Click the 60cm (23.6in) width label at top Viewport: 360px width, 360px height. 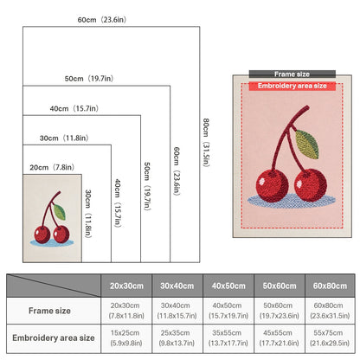point(102,20)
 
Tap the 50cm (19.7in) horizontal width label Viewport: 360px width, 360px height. point(89,79)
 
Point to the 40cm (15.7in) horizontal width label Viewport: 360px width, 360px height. point(74,108)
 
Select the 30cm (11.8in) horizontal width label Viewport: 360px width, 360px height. point(64,138)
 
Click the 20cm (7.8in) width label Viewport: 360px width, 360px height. point(52,167)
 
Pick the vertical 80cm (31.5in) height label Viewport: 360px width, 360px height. point(206,143)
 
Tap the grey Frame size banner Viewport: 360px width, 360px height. point(292,74)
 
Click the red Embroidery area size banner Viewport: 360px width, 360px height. point(292,86)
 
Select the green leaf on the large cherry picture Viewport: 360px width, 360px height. point(307,144)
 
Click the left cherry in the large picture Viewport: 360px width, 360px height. point(272,185)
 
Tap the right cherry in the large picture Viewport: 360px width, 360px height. point(311,185)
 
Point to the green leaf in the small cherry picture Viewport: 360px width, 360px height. point(60,212)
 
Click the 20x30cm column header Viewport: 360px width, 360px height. point(126,286)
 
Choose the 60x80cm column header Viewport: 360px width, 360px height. point(330,286)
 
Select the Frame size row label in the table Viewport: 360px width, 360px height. point(49,311)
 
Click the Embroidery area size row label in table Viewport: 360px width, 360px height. point(54,337)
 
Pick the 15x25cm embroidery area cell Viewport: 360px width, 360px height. point(125,337)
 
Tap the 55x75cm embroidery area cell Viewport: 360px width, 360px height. point(330,337)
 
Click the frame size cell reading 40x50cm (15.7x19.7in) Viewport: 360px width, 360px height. point(228,311)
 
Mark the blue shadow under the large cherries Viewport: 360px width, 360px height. point(292,200)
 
